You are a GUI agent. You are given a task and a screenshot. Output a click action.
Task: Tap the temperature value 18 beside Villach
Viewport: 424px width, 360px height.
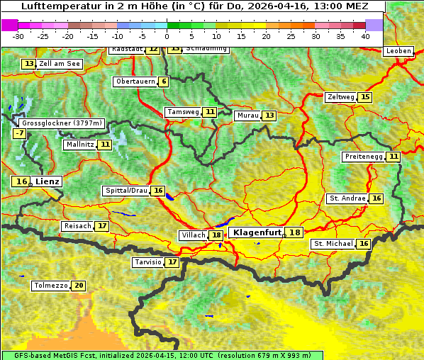(x=216, y=235)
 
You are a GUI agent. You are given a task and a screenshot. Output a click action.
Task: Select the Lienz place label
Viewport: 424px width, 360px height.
(x=48, y=181)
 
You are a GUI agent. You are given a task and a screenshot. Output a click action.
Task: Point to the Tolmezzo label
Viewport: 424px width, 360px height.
(x=50, y=286)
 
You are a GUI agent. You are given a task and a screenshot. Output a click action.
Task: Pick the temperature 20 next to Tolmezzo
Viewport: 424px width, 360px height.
(x=78, y=286)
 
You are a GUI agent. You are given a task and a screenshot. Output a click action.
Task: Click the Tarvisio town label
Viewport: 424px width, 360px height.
(x=148, y=262)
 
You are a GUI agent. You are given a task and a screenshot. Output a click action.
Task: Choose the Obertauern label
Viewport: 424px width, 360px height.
(x=135, y=81)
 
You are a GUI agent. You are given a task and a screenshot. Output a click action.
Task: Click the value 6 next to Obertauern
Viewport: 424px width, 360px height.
(x=164, y=81)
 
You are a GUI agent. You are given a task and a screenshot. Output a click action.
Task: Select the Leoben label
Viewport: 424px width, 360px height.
(x=397, y=52)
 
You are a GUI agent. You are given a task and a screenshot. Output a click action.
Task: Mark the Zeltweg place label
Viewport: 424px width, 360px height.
(x=340, y=97)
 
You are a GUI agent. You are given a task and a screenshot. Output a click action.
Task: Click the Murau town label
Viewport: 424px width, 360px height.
(x=247, y=116)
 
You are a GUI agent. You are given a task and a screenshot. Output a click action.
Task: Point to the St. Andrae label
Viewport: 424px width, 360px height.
(x=347, y=198)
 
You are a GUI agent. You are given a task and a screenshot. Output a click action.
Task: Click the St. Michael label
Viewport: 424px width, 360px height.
(x=333, y=244)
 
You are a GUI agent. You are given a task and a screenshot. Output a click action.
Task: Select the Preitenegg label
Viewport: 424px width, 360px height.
(x=364, y=157)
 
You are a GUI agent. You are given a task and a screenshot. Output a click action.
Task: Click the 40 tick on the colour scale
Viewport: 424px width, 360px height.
(x=365, y=36)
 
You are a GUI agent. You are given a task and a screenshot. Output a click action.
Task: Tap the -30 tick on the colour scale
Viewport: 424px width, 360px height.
(x=18, y=36)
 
